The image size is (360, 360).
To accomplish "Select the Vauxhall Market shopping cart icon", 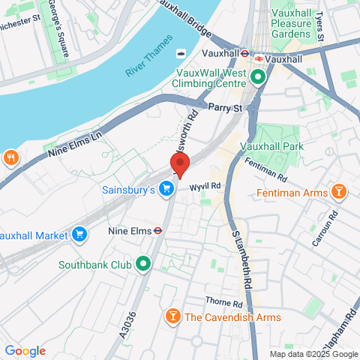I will (x=79, y=234).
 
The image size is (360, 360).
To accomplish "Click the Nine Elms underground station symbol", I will (x=158, y=230).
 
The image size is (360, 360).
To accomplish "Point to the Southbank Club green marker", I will (x=142, y=264).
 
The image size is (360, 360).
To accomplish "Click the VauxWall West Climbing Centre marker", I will (x=259, y=77).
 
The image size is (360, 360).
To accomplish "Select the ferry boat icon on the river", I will (x=181, y=53).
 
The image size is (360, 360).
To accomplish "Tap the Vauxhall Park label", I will (x=279, y=146).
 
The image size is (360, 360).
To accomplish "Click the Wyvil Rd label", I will (x=205, y=185).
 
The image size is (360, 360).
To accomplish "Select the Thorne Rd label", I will (x=225, y=304).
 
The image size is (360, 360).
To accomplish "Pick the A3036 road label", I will (x=130, y=328).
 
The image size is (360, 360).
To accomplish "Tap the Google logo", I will (x=25, y=351).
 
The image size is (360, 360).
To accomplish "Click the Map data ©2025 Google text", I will (x=313, y=354).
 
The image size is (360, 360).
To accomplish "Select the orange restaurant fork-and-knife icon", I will (x=11, y=157).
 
